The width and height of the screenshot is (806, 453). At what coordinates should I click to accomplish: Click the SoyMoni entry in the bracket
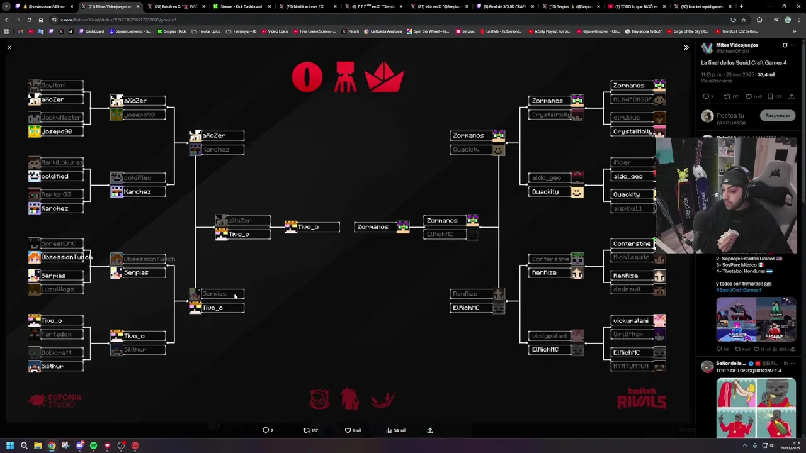[55, 86]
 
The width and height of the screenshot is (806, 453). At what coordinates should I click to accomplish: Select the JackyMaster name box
[55, 118]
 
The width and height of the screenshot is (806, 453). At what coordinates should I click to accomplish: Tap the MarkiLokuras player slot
[55, 163]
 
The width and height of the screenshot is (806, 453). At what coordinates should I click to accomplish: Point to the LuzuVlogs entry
[55, 289]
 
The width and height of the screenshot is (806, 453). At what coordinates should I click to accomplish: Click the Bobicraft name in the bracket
[55, 353]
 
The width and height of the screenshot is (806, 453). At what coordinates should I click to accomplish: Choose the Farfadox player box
[55, 335]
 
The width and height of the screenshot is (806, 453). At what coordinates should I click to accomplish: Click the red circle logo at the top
[307, 78]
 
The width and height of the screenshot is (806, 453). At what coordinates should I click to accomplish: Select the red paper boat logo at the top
[384, 78]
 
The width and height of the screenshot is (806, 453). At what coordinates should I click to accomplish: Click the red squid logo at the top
[344, 78]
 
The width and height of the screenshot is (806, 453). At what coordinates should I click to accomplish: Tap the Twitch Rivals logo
[641, 398]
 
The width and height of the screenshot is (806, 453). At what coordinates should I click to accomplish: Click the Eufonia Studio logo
[55, 400]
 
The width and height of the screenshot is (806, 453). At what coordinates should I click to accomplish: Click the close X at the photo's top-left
[9, 48]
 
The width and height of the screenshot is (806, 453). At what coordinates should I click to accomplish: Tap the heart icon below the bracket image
[348, 430]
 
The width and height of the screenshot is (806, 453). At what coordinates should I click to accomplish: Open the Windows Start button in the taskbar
[10, 445]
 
